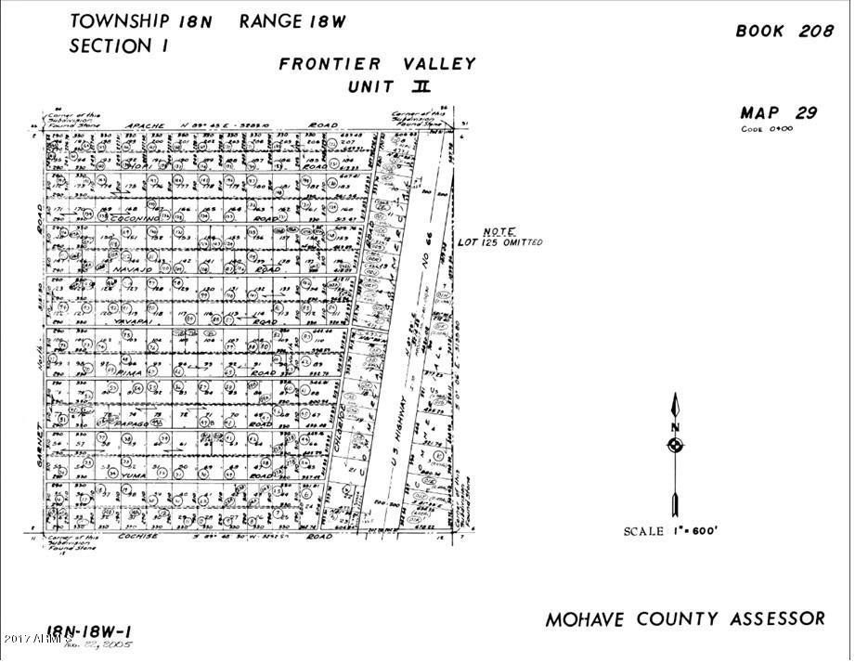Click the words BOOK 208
point(784,31)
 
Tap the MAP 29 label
point(778,113)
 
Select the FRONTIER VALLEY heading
point(377,64)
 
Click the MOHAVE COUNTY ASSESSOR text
point(684,619)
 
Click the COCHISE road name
point(137,536)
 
